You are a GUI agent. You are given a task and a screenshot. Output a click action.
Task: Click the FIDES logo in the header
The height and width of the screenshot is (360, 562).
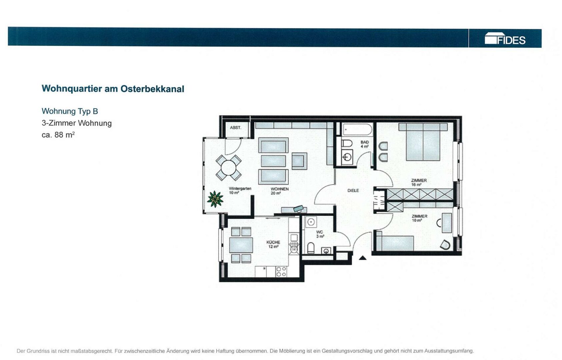tap(505, 38)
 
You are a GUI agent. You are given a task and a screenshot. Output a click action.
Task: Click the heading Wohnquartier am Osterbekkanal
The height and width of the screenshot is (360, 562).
tap(113, 89)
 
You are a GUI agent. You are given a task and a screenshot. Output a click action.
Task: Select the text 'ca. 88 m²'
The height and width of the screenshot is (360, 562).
tap(58, 135)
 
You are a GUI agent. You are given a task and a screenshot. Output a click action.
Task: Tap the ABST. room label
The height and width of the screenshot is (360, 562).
tap(235, 127)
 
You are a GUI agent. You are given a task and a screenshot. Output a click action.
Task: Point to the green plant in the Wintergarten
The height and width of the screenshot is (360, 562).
tap(215, 199)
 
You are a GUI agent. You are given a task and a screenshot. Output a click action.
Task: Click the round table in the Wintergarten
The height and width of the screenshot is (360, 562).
tap(228, 168)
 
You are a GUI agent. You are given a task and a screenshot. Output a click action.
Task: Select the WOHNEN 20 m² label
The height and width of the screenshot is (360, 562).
tap(279, 191)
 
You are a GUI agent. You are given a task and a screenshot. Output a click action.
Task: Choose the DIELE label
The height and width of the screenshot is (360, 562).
tap(353, 190)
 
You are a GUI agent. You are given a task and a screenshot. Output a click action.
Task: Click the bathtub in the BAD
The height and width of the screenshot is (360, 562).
tap(358, 129)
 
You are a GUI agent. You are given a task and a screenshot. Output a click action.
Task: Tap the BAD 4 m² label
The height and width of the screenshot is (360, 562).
tap(365, 144)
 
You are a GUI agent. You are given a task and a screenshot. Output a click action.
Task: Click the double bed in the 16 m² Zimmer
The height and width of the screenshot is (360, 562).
tap(423, 142)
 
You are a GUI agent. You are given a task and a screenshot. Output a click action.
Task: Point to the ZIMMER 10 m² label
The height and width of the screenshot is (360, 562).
tap(419, 218)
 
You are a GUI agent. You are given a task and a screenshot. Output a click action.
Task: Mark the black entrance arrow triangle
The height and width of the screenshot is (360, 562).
tap(363, 258)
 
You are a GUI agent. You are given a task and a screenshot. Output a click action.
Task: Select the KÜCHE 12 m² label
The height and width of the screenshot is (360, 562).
tap(273, 244)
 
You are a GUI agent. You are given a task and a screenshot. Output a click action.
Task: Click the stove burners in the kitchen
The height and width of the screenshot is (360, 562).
tap(281, 271)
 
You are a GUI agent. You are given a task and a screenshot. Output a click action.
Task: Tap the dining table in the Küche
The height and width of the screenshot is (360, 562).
tap(241, 245)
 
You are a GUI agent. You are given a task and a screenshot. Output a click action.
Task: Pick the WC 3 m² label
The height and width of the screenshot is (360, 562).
tap(320, 234)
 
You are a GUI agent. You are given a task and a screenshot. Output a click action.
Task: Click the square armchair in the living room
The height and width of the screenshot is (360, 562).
tap(299, 161)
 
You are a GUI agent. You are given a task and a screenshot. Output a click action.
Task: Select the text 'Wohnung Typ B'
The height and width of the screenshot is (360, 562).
tap(70, 111)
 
